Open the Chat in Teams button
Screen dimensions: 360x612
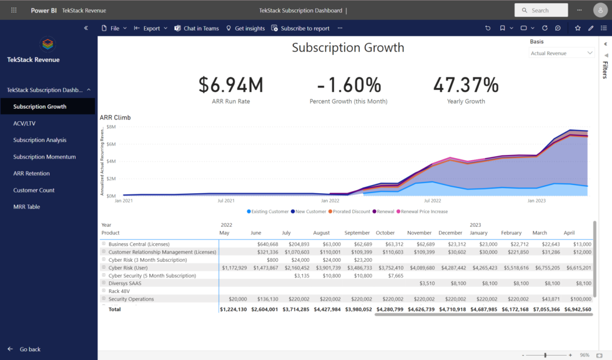(x=197, y=28)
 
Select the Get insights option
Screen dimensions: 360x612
(x=245, y=28)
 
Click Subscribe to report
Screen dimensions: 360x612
(x=300, y=28)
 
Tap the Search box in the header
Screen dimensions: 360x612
(x=541, y=10)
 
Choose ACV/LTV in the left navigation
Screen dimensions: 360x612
(x=24, y=123)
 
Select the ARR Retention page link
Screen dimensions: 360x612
(x=31, y=173)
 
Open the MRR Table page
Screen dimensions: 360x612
(x=27, y=207)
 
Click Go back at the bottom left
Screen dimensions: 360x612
(x=30, y=349)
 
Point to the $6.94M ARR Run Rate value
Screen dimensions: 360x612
(x=230, y=85)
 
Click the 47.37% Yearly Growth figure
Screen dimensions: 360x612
(x=465, y=85)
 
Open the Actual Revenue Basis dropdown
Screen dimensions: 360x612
(x=561, y=53)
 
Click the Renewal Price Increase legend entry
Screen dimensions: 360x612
(x=424, y=212)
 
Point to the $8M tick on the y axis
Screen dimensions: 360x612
(x=111, y=127)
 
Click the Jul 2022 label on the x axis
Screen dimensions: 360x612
(x=432, y=201)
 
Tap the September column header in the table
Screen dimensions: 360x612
(x=357, y=232)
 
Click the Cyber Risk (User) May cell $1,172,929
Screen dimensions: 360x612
(x=234, y=267)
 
